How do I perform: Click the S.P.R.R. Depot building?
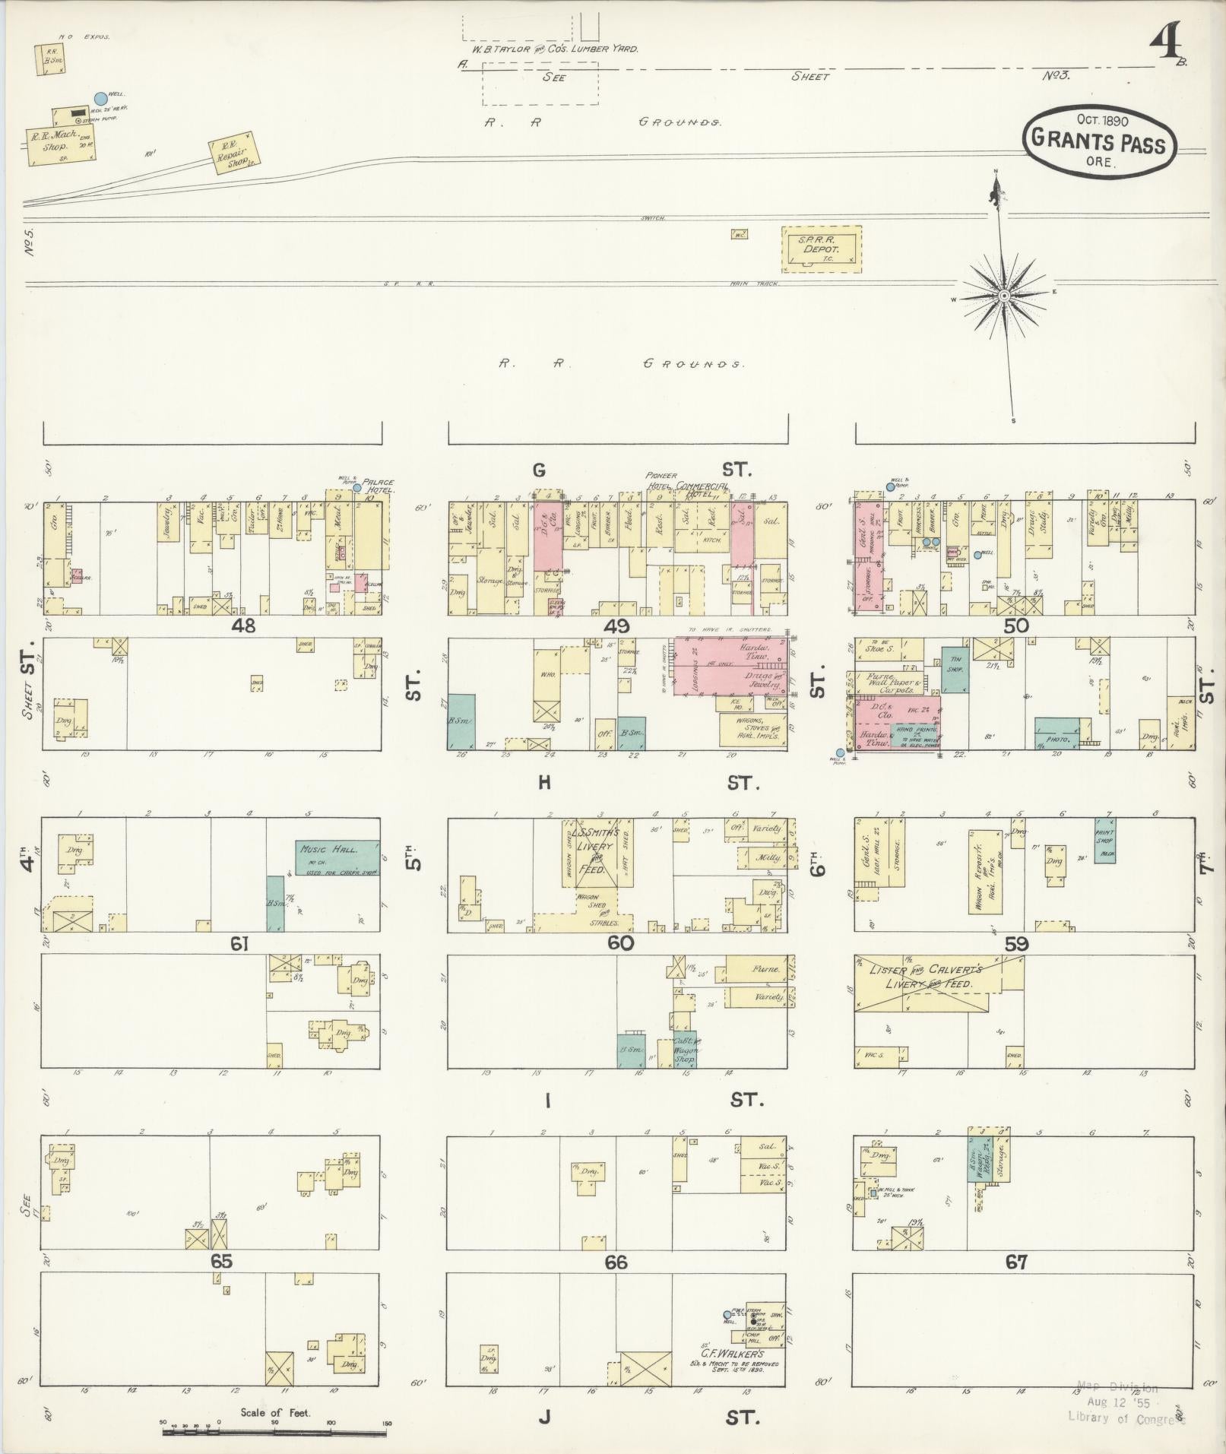[x=822, y=249]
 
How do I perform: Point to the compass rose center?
[x=1003, y=296]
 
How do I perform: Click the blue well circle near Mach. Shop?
[x=100, y=98]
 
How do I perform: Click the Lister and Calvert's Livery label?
[x=936, y=977]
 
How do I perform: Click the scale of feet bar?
[x=274, y=1432]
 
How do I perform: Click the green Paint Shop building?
[x=1105, y=839]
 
